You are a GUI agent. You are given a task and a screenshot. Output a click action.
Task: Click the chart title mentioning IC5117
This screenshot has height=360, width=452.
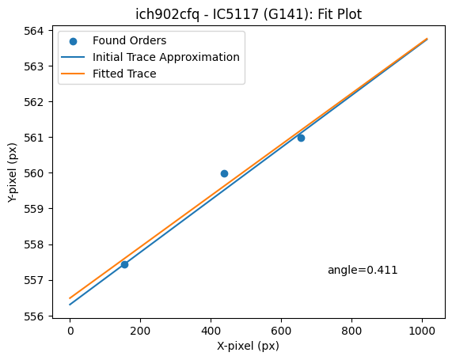pyautogui.click(x=249, y=13)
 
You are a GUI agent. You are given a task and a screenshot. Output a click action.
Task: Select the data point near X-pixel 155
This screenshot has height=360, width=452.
pyautogui.click(x=124, y=264)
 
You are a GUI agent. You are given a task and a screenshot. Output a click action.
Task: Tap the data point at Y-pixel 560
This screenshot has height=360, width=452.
pyautogui.click(x=224, y=173)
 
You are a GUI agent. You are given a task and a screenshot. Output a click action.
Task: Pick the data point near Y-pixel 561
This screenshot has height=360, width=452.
pyautogui.click(x=301, y=138)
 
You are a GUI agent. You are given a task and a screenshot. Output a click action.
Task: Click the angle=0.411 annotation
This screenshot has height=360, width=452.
pyautogui.click(x=363, y=270)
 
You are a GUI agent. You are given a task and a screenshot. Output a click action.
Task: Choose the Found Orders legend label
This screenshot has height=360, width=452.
pyautogui.click(x=130, y=40)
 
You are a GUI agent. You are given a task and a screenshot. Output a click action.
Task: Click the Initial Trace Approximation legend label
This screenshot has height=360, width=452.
pyautogui.click(x=166, y=57)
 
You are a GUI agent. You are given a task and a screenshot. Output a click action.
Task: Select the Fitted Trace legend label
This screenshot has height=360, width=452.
pyautogui.click(x=124, y=74)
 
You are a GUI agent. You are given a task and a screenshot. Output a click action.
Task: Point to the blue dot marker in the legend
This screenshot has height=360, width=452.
pyautogui.click(x=73, y=41)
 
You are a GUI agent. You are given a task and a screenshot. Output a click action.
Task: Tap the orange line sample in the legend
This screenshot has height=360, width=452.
pyautogui.click(x=73, y=74)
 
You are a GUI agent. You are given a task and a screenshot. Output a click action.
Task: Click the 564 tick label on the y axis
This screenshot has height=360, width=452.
pyautogui.click(x=34, y=31)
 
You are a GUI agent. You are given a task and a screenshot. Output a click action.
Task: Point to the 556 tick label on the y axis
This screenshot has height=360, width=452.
pyautogui.click(x=34, y=316)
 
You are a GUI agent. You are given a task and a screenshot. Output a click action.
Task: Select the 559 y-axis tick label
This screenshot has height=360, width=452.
pyautogui.click(x=34, y=209)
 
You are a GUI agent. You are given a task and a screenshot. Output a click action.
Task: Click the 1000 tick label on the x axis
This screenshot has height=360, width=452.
pyautogui.click(x=422, y=331)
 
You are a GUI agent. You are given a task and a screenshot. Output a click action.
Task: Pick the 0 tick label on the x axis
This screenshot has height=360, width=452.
pyautogui.click(x=70, y=331)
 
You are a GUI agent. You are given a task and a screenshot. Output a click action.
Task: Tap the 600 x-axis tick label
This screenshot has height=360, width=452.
pyautogui.click(x=281, y=331)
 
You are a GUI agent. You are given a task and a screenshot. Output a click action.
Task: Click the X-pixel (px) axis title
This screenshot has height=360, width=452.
pyautogui.click(x=249, y=346)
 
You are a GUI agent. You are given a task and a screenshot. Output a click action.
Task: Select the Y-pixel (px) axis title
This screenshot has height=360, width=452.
pyautogui.click(x=13, y=172)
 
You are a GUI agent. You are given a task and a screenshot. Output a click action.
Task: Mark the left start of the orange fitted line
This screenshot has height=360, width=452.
pyautogui.click(x=70, y=298)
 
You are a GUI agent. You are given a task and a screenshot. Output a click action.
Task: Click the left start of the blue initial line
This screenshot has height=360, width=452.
pyautogui.click(x=70, y=305)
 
